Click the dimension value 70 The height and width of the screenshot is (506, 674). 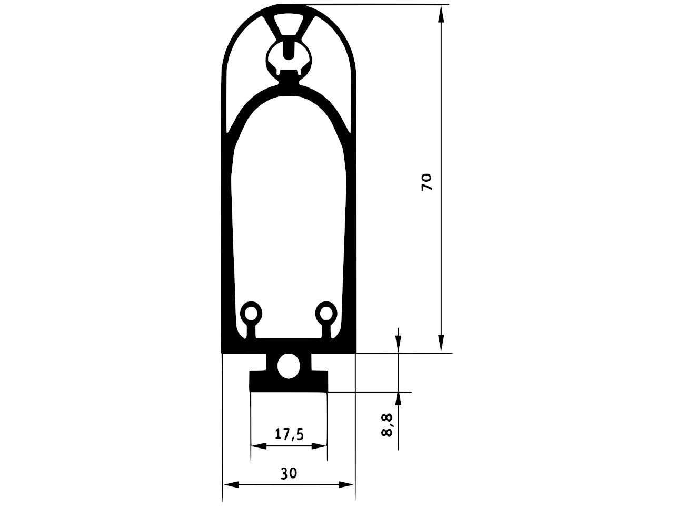(427, 182)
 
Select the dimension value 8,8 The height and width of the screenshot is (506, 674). (387, 425)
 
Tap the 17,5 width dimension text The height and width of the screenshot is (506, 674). (289, 434)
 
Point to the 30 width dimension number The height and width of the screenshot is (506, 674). (289, 473)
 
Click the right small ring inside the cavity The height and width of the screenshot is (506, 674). (326, 315)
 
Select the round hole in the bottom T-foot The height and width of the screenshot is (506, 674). (289, 366)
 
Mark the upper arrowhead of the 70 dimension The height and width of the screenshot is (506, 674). (441, 14)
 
